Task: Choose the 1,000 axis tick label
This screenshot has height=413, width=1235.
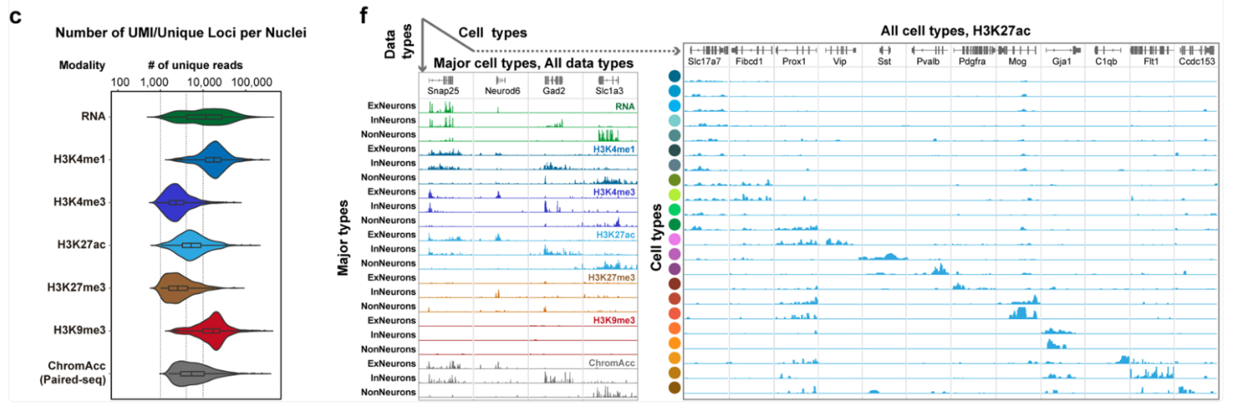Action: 160,82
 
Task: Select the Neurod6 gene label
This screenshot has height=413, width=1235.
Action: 500,91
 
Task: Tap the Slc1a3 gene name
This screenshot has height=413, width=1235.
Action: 610,91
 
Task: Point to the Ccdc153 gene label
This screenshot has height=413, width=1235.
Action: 1194,60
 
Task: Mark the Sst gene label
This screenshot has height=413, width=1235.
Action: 884,60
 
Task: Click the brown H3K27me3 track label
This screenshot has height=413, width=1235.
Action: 611,278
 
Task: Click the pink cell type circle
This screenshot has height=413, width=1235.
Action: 673,239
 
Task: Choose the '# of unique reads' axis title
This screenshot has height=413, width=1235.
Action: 197,64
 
